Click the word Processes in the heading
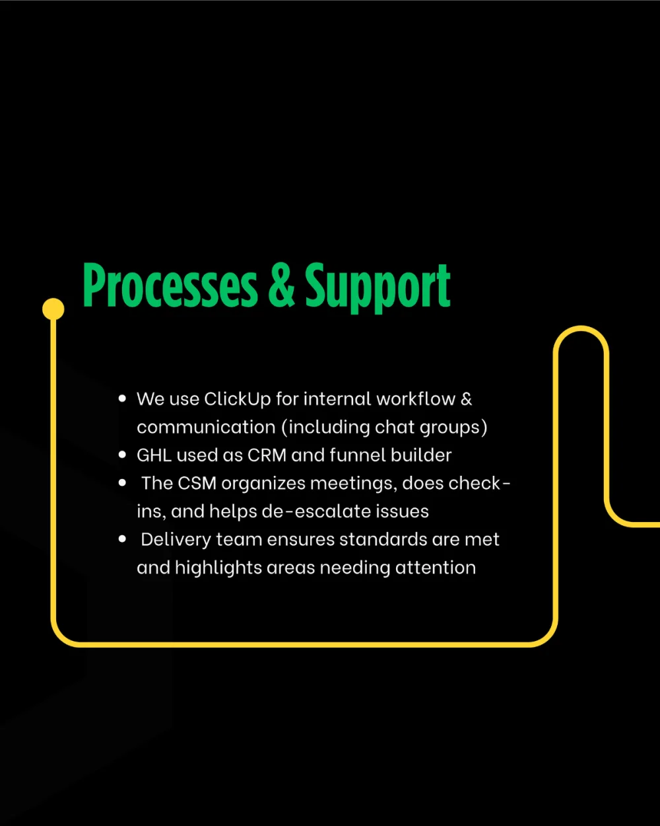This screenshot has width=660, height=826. [x=170, y=285]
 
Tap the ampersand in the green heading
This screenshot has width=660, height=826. [x=281, y=285]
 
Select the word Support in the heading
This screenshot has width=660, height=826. [x=378, y=288]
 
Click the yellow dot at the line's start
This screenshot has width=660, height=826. [x=53, y=309]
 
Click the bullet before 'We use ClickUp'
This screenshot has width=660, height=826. [x=122, y=399]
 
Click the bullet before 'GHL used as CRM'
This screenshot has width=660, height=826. [x=122, y=455]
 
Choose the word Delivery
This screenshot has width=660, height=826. [x=176, y=541]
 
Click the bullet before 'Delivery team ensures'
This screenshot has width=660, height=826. [x=122, y=539]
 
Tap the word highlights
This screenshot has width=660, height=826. [x=218, y=568]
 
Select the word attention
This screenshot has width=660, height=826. [x=436, y=568]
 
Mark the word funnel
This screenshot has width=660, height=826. [x=358, y=455]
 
